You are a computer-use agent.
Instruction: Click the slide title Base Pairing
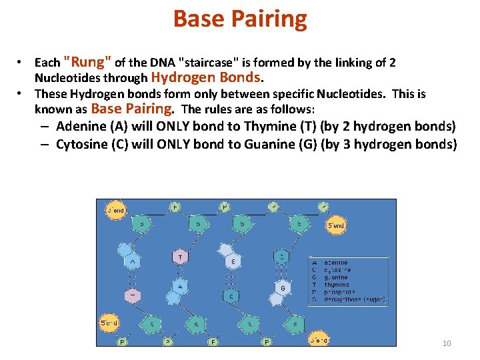[240, 19]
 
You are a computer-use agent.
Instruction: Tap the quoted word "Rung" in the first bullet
[87, 62]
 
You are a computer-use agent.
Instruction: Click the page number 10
[447, 343]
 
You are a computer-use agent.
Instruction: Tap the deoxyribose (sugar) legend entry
[353, 300]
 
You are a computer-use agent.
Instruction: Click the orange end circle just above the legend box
[335, 226]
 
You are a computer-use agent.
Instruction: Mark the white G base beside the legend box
[283, 288]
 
